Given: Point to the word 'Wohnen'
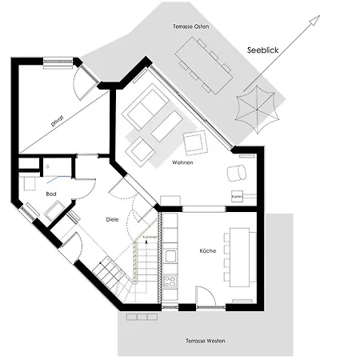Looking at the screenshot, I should [183, 162].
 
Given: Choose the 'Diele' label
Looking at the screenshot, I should [114, 218].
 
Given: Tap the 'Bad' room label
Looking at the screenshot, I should [29, 194].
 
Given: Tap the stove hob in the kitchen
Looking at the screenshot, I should [170, 282].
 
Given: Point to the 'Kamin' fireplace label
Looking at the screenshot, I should [237, 195].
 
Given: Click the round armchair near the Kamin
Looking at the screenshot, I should [237, 174].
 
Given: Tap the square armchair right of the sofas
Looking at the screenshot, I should [195, 144].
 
